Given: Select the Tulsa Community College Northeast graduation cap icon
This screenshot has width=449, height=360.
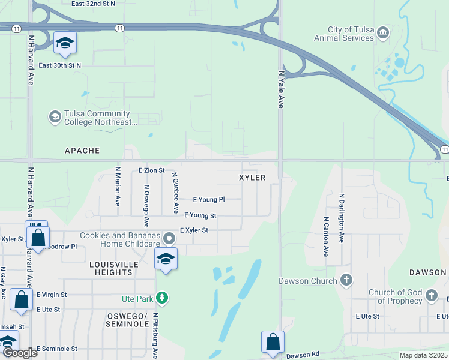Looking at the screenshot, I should click(55, 116).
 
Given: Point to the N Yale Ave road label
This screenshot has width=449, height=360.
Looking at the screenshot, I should click(280, 89).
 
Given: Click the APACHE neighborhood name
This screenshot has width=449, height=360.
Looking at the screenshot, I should click(82, 151).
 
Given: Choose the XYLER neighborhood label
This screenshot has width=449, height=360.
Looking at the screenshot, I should click(252, 179).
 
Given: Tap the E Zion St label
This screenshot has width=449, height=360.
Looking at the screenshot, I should click(151, 171).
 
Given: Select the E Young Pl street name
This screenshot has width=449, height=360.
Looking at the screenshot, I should click(208, 200).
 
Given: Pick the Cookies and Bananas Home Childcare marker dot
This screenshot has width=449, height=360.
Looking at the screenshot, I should click(169, 239).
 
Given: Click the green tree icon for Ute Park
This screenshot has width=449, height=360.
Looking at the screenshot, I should click(161, 298).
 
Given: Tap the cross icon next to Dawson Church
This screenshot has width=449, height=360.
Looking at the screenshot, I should click(346, 280).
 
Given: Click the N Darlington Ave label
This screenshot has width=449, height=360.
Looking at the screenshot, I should click(342, 217).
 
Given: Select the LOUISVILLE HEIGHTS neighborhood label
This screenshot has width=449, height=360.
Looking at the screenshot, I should click(114, 268).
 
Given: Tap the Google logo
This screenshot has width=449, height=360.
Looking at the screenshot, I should click(20, 353).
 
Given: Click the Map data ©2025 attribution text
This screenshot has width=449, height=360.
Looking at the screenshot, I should click(414, 355).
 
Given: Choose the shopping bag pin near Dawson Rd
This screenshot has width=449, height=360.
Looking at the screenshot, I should click(273, 341).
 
